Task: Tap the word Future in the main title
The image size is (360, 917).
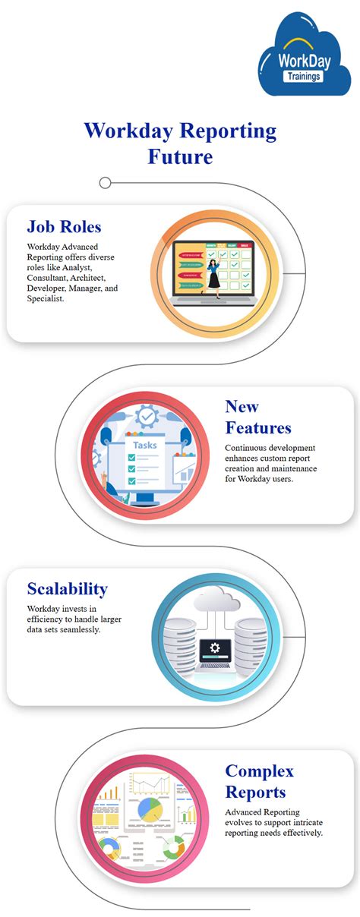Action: pos(180,156)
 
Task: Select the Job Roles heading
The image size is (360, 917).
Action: pos(64,226)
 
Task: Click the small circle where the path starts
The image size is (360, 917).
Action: pos(106,182)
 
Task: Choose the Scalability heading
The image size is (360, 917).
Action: pos(67,588)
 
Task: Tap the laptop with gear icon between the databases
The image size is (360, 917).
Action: pos(215,654)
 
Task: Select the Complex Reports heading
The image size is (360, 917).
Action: pos(259,781)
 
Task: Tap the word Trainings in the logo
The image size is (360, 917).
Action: pos(303,76)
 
